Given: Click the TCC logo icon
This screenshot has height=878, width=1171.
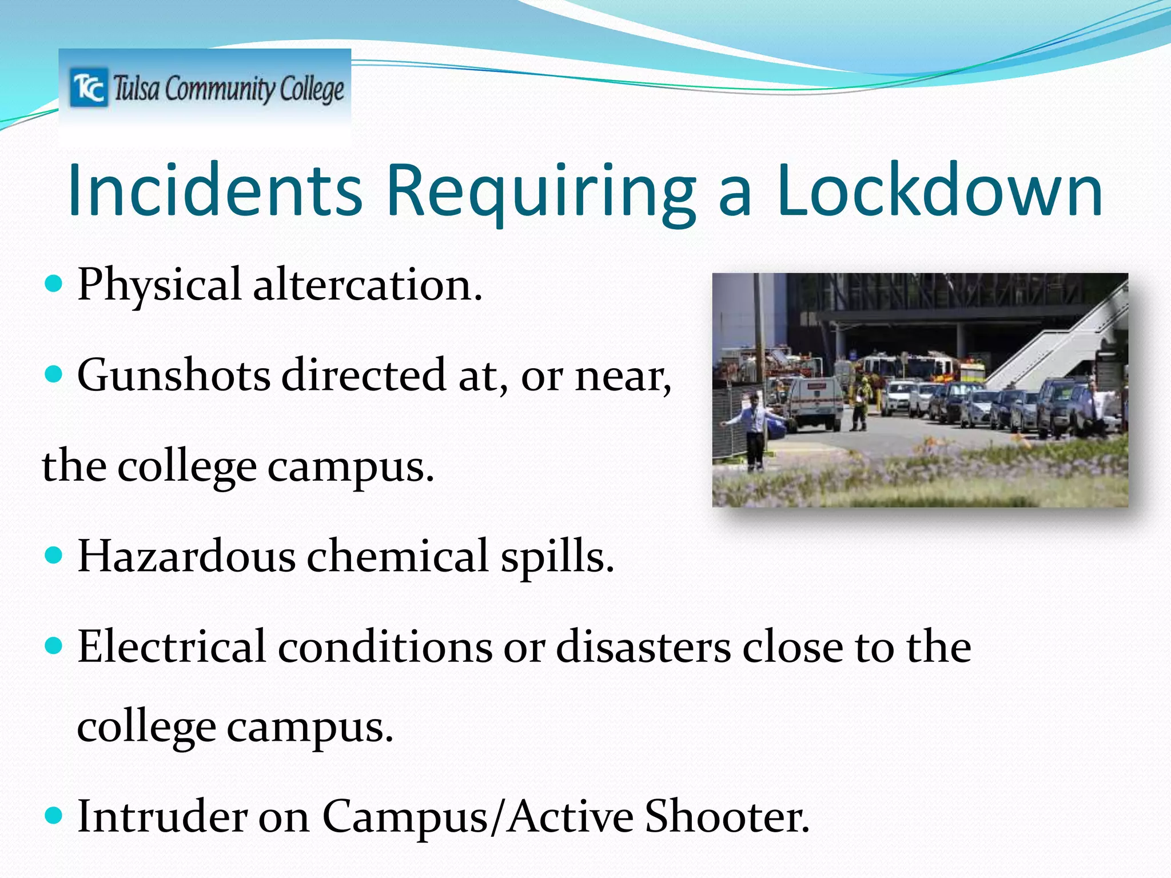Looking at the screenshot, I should pos(89,87).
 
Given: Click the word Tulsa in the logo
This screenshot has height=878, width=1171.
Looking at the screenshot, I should pos(136,89).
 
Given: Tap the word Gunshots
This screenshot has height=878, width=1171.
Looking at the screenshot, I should pos(174,375).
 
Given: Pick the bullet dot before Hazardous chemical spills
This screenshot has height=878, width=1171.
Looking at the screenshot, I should pos(53,554).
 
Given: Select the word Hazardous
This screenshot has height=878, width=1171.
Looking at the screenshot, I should pos(186,556).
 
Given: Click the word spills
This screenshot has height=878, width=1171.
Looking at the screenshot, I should pos(557,557).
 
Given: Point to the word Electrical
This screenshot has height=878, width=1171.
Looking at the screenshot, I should pos(172,646).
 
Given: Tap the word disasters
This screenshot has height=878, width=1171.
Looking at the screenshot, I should pos(643,646).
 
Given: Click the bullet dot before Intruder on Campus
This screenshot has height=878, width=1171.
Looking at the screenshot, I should pos(53,815).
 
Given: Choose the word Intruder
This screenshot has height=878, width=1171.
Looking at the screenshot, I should pos(162,816).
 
